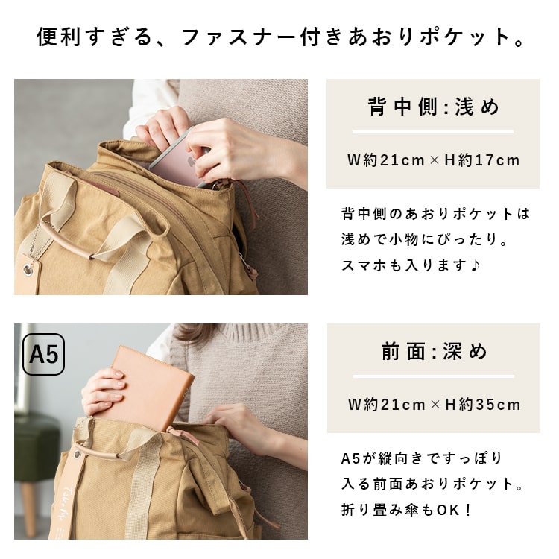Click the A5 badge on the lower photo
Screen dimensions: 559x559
click(44, 355)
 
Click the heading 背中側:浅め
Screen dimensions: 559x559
click(433, 107)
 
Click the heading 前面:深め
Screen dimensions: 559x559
click(433, 352)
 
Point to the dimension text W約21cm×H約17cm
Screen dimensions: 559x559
click(433, 160)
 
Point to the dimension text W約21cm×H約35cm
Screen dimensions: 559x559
click(433, 405)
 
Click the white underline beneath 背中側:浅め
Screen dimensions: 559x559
click(433, 132)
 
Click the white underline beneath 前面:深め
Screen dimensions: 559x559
click(433, 376)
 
